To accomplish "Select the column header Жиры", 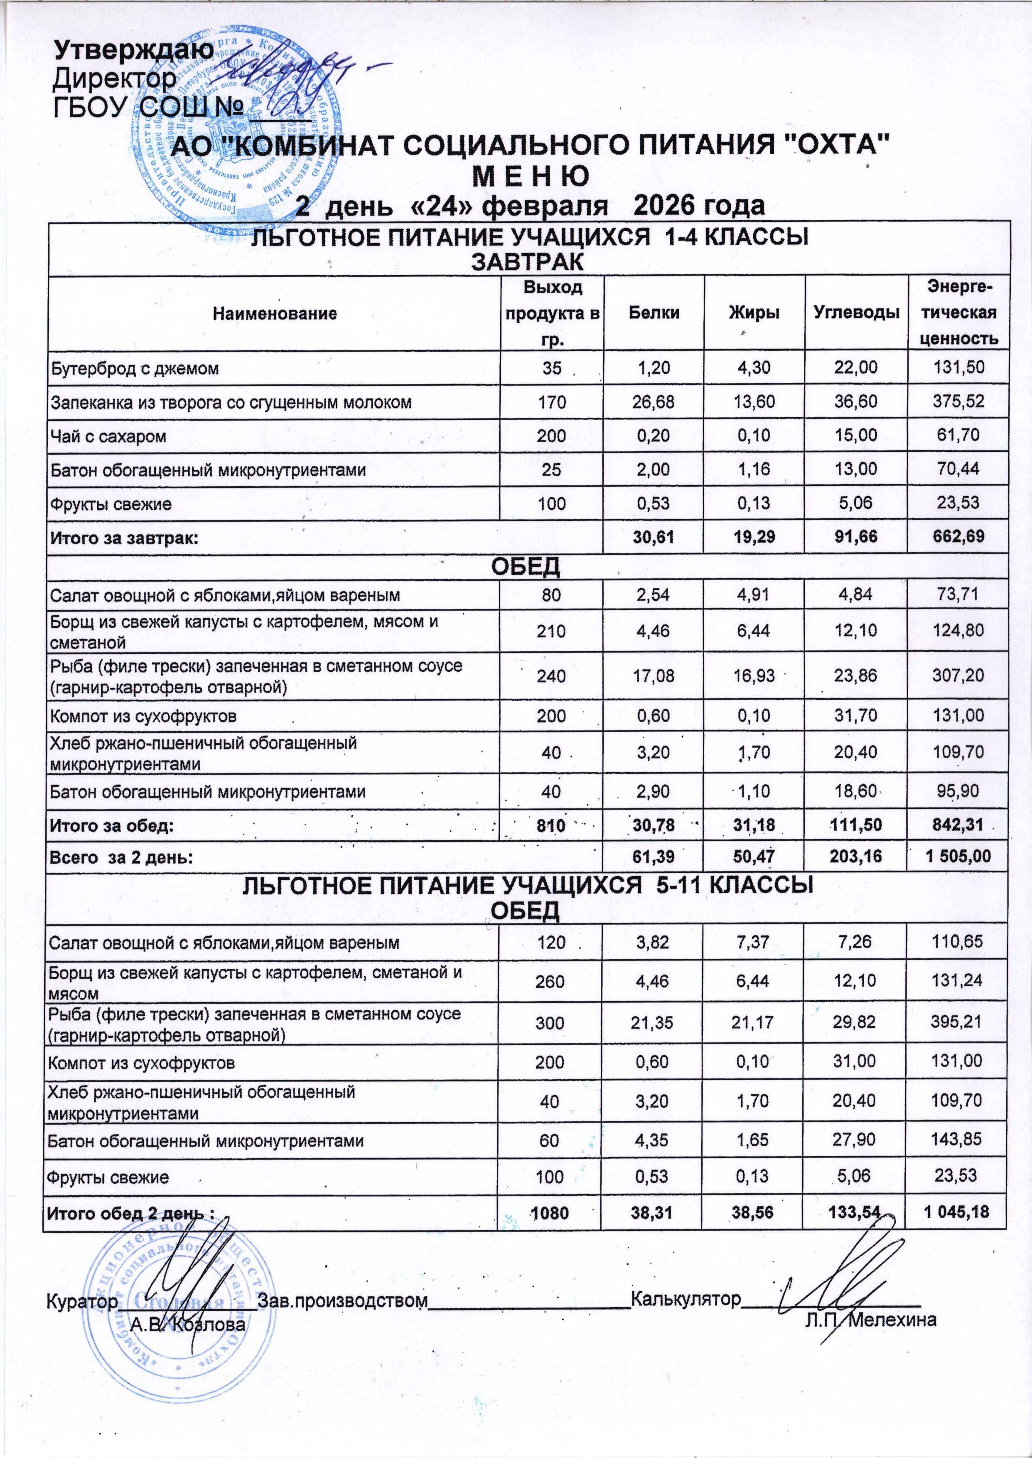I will point(754,313).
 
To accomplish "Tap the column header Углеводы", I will point(856,313).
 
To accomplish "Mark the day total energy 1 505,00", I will point(959,857).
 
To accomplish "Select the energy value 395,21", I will point(959,1022).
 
